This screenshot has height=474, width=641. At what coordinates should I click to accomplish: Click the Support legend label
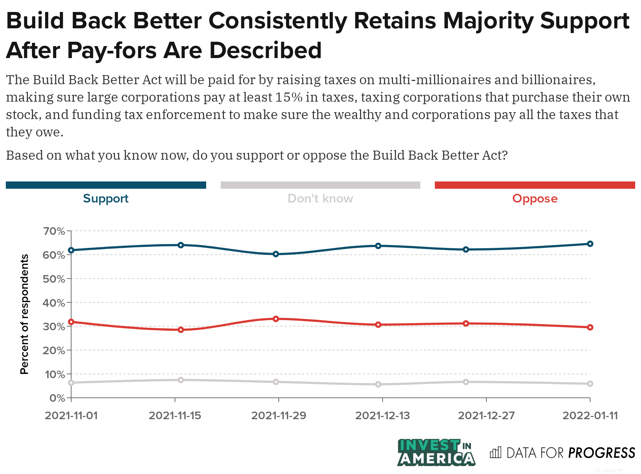[x=106, y=199]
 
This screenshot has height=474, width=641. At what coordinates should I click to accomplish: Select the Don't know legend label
[x=320, y=199]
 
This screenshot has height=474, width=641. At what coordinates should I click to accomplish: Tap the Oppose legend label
[x=535, y=199]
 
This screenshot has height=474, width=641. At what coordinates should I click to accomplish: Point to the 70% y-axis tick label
[x=54, y=231]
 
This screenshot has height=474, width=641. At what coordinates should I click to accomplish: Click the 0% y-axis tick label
[x=57, y=398]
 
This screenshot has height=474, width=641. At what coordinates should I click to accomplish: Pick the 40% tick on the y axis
[x=54, y=303]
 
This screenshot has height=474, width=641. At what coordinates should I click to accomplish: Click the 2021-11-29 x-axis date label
[x=279, y=416]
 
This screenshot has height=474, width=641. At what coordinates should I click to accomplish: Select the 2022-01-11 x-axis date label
[x=590, y=416]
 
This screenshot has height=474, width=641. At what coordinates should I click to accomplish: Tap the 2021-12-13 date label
[x=382, y=416]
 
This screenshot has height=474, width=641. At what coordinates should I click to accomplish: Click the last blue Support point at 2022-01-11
[x=590, y=244]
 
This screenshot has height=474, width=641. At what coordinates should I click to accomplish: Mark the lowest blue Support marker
[x=276, y=254]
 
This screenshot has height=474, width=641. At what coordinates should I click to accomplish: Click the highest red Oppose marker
[x=276, y=319]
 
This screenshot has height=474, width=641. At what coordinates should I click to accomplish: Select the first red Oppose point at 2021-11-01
[x=71, y=322]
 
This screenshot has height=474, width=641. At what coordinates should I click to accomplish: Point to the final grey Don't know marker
[x=590, y=384]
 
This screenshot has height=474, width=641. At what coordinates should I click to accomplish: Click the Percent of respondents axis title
[x=24, y=314]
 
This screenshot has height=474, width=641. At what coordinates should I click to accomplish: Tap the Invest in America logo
[x=436, y=453]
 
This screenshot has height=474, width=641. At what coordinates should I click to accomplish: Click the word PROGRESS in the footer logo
[x=601, y=453]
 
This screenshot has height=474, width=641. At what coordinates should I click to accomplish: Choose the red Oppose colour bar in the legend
[x=535, y=185]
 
